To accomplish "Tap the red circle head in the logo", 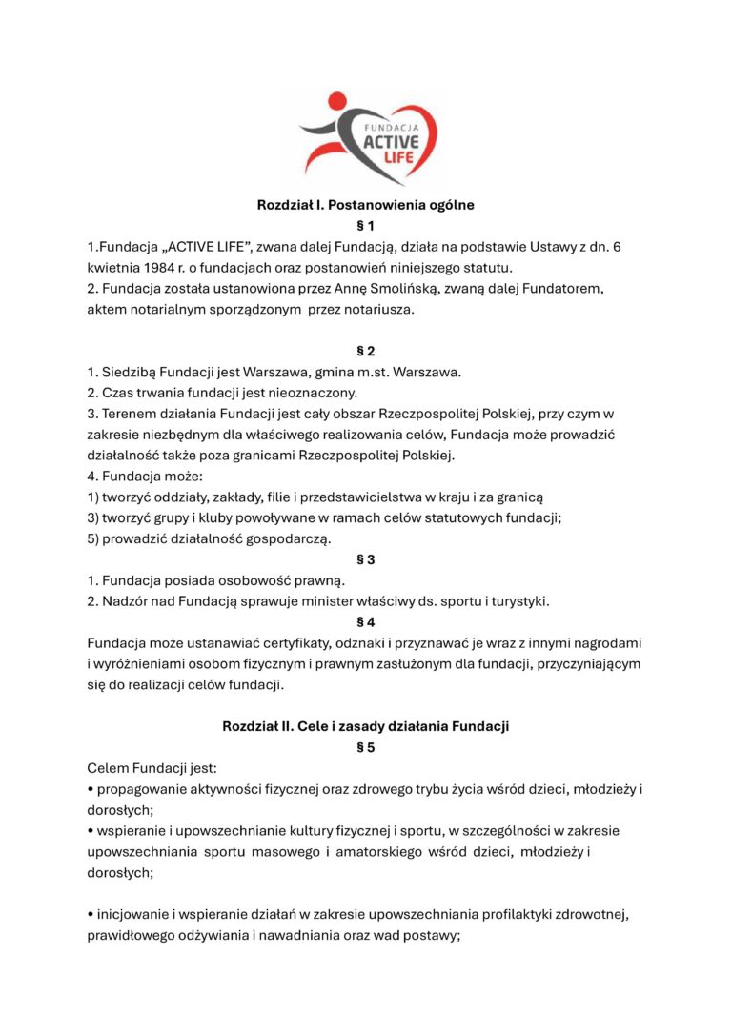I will pyautogui.click(x=337, y=100).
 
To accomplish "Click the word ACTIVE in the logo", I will pyautogui.click(x=392, y=142).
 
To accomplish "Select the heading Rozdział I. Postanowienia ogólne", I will pyautogui.click(x=366, y=204).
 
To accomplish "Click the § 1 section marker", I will pyautogui.click(x=366, y=226).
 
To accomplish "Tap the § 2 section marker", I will pyautogui.click(x=366, y=351).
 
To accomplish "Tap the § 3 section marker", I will pyautogui.click(x=366, y=559).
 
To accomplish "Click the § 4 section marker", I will pyautogui.click(x=366, y=622).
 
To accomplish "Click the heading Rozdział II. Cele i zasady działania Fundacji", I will pyautogui.click(x=366, y=726).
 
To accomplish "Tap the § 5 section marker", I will pyautogui.click(x=366, y=748).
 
